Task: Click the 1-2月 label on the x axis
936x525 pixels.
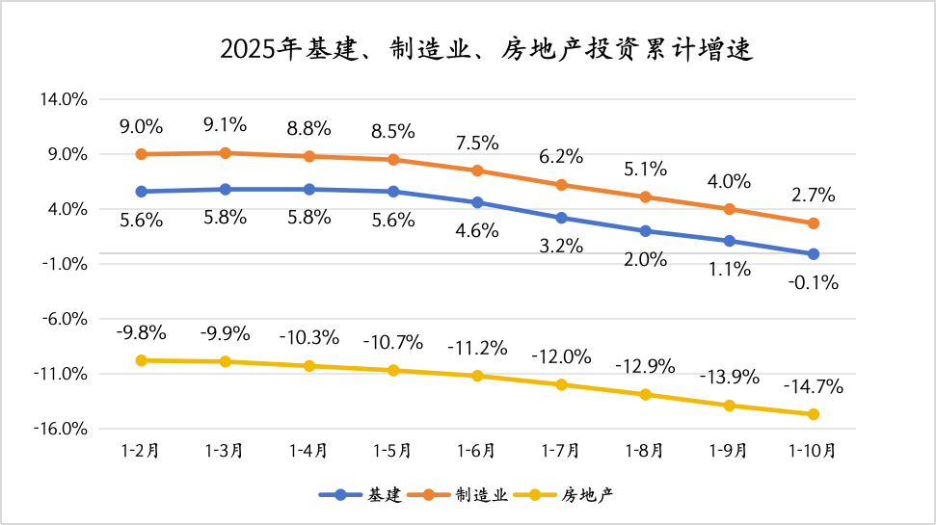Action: click(x=141, y=450)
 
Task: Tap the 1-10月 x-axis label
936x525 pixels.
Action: click(x=813, y=450)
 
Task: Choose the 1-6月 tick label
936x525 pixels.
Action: click(x=476, y=450)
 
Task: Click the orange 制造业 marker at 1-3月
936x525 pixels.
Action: click(x=225, y=153)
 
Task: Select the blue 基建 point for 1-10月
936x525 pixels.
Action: click(x=813, y=254)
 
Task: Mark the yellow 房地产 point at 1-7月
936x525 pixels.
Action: click(x=561, y=384)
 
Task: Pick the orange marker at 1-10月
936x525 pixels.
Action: click(x=813, y=223)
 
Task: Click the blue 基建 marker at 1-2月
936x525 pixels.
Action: click(x=141, y=192)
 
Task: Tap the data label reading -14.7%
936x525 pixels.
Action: click(x=813, y=387)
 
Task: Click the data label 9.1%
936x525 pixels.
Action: click(x=225, y=124)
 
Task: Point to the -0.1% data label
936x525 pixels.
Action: click(x=813, y=283)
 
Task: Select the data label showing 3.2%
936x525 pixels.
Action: click(x=561, y=246)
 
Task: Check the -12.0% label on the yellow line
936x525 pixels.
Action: click(x=561, y=356)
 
